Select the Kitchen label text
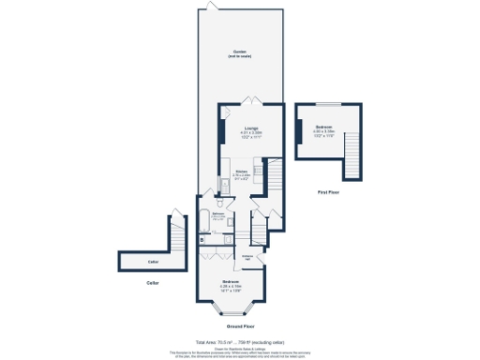coord(241,172)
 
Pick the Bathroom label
coord(217,215)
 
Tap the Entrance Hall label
coord(250,256)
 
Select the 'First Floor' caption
coord(327,191)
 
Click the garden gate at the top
coord(213,7)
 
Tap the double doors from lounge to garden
coord(248,98)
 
